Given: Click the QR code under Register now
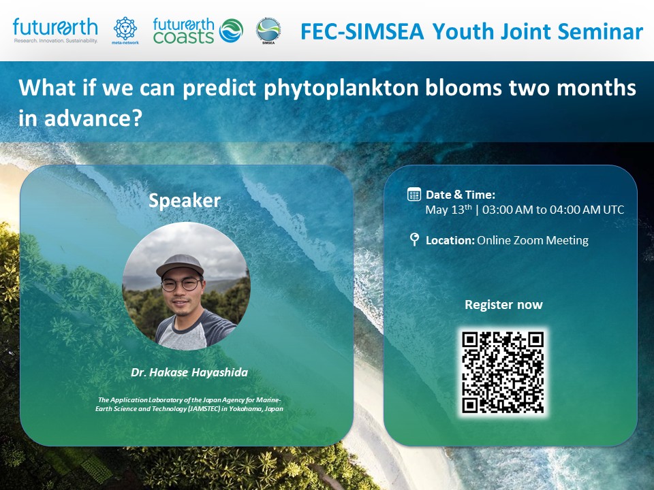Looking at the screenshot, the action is pyautogui.click(x=503, y=372).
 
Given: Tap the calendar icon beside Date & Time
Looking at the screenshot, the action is pyautogui.click(x=414, y=195).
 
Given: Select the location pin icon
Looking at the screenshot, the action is pyautogui.click(x=414, y=239).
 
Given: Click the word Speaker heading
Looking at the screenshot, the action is pyautogui.click(x=185, y=201).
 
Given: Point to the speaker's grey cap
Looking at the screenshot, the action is pyautogui.click(x=180, y=265).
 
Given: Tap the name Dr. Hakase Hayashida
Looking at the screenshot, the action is pyautogui.click(x=189, y=372).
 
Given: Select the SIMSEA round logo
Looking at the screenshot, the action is pyautogui.click(x=268, y=31).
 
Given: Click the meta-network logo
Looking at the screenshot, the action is pyautogui.click(x=125, y=31).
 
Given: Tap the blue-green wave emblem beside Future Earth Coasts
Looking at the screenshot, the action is pyautogui.click(x=231, y=31).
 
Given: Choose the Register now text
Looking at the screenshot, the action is pyautogui.click(x=503, y=305).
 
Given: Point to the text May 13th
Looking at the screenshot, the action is pyautogui.click(x=448, y=209).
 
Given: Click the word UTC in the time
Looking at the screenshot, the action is pyautogui.click(x=614, y=210).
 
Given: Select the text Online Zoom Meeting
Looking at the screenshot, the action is pyautogui.click(x=533, y=240).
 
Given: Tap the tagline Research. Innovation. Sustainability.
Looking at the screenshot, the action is pyautogui.click(x=55, y=41).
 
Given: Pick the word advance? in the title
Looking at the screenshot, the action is pyautogui.click(x=93, y=118).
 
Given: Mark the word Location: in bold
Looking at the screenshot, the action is pyautogui.click(x=450, y=240).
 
